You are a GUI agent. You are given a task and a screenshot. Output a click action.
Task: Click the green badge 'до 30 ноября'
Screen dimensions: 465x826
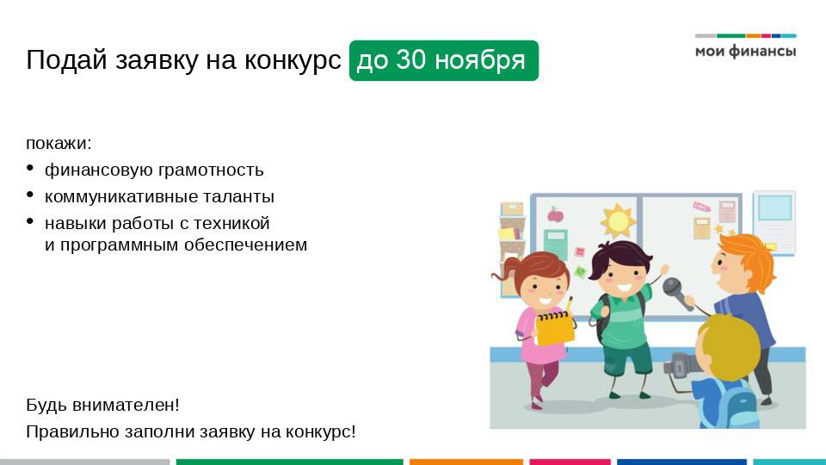point(443,60)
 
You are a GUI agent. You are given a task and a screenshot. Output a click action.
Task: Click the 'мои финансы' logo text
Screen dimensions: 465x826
point(745,52)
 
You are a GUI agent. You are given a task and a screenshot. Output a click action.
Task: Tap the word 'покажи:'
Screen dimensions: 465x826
point(59,143)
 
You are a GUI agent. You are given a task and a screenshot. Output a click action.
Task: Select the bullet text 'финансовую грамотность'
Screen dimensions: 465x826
point(154,170)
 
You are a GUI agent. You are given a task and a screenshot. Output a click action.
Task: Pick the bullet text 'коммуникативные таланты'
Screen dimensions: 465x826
point(159,196)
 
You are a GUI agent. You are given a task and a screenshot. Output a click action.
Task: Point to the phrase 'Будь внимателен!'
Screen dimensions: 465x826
point(102,405)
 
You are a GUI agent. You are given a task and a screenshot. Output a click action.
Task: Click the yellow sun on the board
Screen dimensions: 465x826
point(618,220)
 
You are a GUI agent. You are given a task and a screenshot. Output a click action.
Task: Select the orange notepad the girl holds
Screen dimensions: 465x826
point(555,327)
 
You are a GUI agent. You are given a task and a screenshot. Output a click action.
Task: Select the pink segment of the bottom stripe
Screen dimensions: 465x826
point(569,462)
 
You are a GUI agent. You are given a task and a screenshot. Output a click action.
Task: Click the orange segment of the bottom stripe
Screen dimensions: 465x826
point(465,462)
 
